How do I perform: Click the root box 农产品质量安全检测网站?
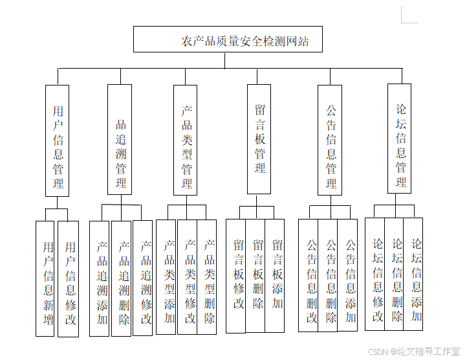227,39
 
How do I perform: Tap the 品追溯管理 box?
120,140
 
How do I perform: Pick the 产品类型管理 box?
186,140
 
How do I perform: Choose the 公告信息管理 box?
330,140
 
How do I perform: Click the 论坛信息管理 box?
399,139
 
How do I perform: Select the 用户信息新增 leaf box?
45,278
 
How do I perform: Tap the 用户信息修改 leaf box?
69,278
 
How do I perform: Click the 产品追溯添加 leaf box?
100,278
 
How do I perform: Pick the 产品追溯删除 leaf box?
122,278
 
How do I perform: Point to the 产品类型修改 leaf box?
188,276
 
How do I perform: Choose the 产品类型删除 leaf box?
207,276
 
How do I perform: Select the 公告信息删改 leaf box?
309,275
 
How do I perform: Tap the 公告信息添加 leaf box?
348,275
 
